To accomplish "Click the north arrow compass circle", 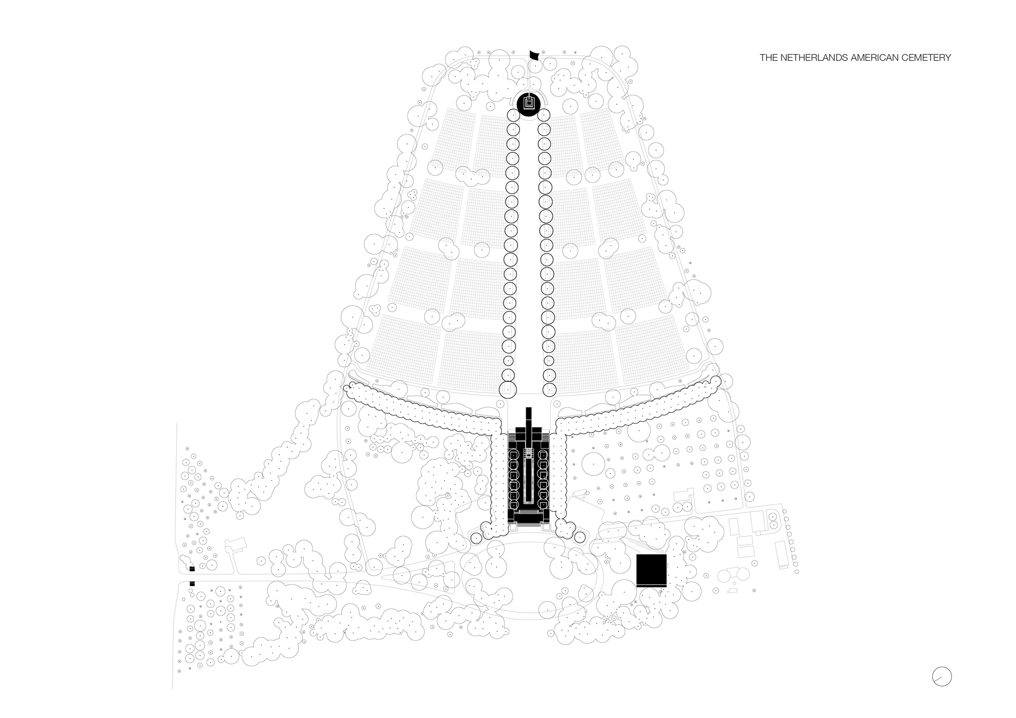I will [942, 676].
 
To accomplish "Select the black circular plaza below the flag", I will [529, 104].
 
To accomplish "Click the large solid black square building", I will [651, 570].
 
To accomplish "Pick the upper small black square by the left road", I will [192, 569].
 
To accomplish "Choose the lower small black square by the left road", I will [192, 584].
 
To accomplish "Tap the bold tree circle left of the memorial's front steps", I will [476, 538].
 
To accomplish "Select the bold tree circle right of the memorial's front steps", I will [581, 537].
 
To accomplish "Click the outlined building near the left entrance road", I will [236, 546].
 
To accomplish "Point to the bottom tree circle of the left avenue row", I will [507, 389].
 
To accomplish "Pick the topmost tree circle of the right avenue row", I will [544, 115].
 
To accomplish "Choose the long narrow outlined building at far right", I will [782, 554].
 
